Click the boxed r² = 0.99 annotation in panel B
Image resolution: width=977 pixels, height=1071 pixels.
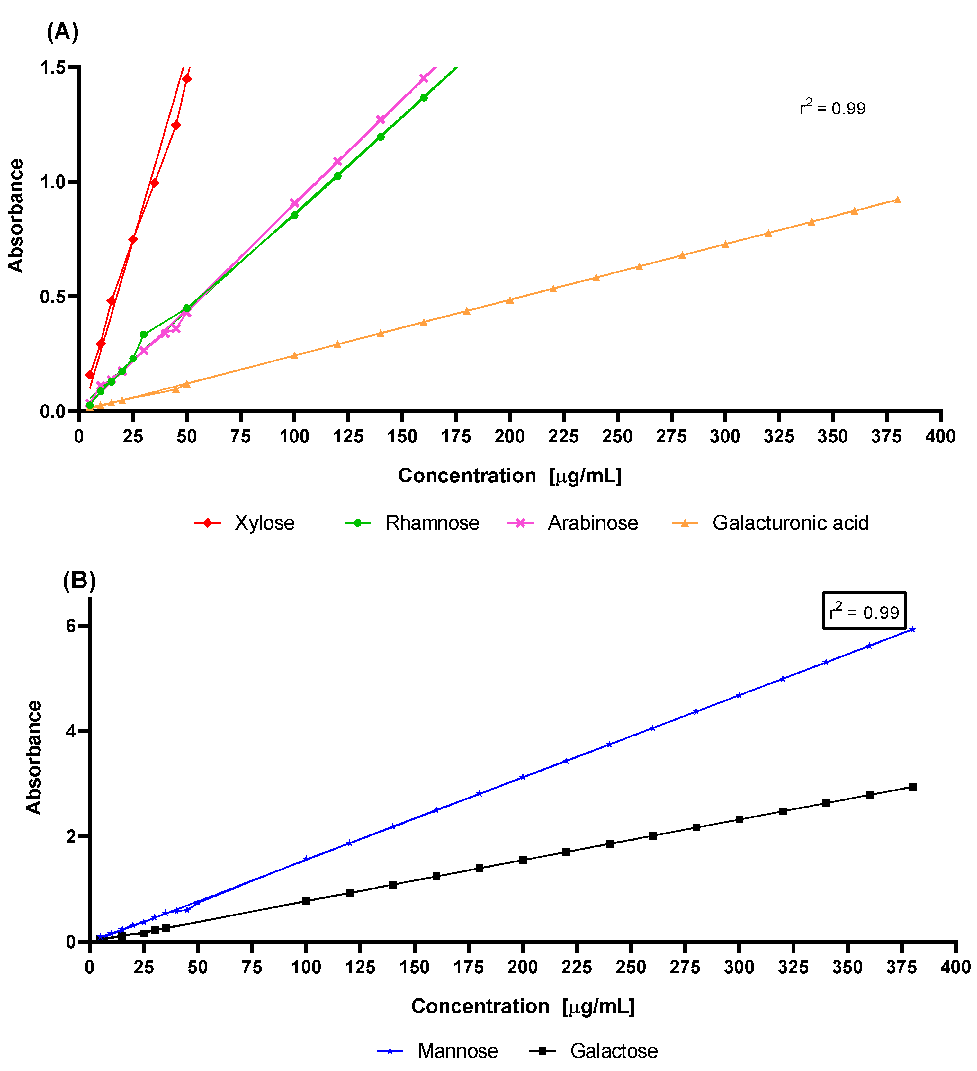click(x=864, y=611)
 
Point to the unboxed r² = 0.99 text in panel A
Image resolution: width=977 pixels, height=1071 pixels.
click(x=832, y=108)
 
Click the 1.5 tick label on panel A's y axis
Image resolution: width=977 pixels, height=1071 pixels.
click(x=52, y=67)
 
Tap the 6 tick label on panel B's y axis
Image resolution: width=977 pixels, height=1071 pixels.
click(x=71, y=626)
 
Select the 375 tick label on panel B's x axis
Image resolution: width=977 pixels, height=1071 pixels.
click(x=901, y=967)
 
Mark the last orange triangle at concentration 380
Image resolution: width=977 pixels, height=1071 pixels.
click(x=897, y=200)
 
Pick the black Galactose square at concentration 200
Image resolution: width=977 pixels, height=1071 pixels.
click(x=523, y=860)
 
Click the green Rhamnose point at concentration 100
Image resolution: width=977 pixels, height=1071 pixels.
click(x=294, y=215)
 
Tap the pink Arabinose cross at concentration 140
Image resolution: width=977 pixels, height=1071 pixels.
click(x=381, y=120)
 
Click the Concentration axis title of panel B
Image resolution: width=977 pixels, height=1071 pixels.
click(x=523, y=1006)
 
